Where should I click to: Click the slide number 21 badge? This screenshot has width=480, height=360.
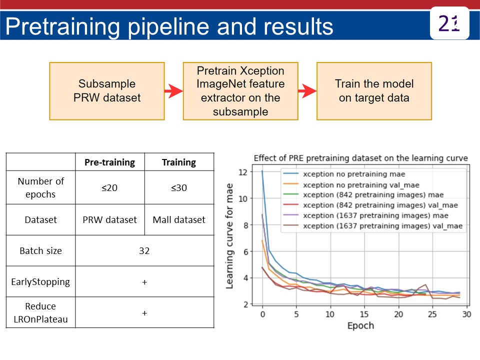(x=449, y=23)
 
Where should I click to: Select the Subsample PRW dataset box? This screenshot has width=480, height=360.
(x=107, y=91)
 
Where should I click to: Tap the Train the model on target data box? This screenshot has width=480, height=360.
(x=374, y=91)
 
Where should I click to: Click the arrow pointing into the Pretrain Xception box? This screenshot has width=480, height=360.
(x=173, y=91)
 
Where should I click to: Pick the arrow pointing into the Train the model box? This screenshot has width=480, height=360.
(x=307, y=91)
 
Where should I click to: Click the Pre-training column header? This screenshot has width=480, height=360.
(x=109, y=162)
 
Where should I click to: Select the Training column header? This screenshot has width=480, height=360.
(x=179, y=162)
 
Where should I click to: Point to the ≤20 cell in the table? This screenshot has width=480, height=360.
(x=109, y=187)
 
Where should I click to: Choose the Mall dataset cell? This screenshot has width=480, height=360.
(x=179, y=219)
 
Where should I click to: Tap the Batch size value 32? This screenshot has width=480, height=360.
(x=144, y=250)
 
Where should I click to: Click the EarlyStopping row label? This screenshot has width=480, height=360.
(x=40, y=281)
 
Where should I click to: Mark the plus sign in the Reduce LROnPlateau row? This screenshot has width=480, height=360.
(x=144, y=313)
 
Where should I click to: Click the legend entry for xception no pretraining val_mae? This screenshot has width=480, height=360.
(x=361, y=184)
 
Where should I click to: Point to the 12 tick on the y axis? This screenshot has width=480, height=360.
(x=243, y=172)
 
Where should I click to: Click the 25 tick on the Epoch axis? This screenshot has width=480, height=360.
(x=432, y=314)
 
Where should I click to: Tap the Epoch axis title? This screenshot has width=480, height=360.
(x=360, y=325)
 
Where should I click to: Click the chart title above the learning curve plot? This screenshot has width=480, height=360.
(x=360, y=158)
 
